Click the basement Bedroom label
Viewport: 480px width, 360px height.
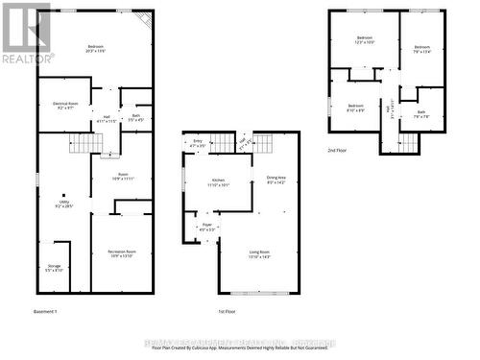(96, 47)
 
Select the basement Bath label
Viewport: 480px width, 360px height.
(135, 118)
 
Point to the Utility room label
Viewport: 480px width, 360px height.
(63, 204)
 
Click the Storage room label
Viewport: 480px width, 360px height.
(55, 269)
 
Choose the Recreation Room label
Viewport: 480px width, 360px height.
(121, 252)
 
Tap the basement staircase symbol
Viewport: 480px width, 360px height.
(87, 144)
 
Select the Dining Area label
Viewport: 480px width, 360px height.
(276, 180)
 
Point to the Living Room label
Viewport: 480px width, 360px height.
(259, 253)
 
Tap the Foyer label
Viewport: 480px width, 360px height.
(206, 228)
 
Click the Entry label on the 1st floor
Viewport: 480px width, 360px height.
(199, 144)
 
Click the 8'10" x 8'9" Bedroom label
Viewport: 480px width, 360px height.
(355, 107)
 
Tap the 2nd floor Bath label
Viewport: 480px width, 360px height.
(422, 114)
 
